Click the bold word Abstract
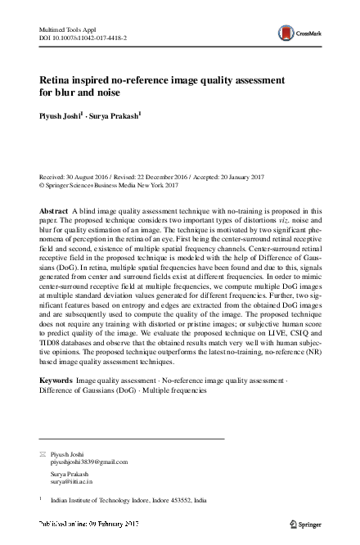click(54, 211)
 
